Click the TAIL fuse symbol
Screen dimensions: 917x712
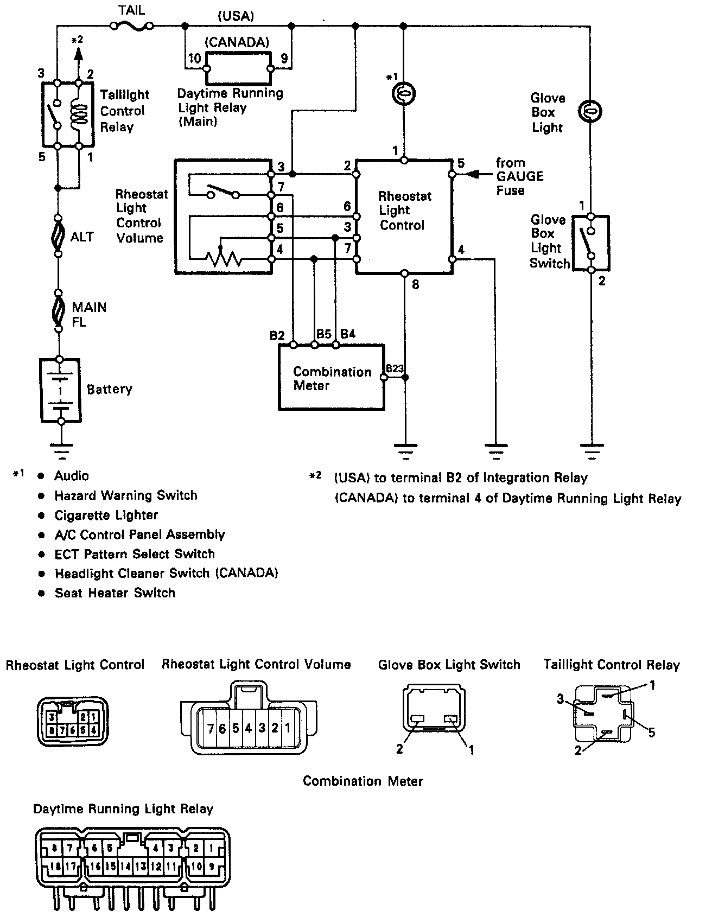pos(131,24)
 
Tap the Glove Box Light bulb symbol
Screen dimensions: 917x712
pos(590,111)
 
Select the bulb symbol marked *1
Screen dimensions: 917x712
pos(404,93)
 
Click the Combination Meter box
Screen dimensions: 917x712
pos(331,378)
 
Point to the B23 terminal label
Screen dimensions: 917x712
pos(395,368)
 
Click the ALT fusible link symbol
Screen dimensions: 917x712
pos(58,237)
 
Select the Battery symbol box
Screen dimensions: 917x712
pos(61,390)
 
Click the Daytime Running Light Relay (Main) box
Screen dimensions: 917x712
pos(238,69)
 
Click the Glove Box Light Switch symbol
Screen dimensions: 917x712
pos(592,243)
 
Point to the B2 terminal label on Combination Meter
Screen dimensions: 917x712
pos(278,335)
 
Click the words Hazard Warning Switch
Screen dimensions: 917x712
pos(126,495)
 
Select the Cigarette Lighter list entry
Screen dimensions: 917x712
pos(106,515)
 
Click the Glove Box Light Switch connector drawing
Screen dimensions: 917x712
pos(434,709)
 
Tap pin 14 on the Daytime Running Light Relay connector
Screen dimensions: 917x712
pos(126,866)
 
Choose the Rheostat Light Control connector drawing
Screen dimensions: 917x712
pos(73,721)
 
